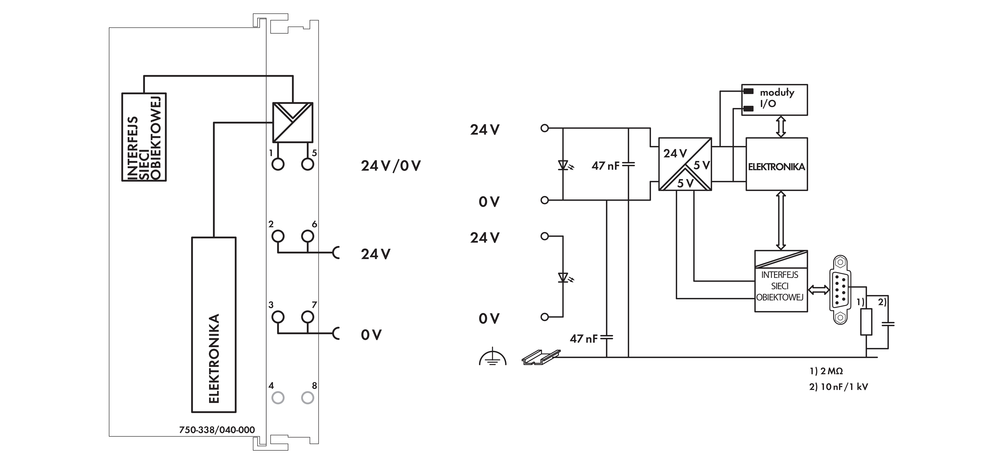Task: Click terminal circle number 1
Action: click(x=278, y=164)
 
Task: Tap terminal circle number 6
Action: click(x=308, y=236)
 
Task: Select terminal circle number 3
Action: click(x=278, y=317)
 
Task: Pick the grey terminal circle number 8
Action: click(x=308, y=398)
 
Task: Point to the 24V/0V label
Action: click(x=391, y=166)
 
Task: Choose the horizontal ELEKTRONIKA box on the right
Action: click(x=777, y=164)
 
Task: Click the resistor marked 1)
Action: click(x=867, y=322)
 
